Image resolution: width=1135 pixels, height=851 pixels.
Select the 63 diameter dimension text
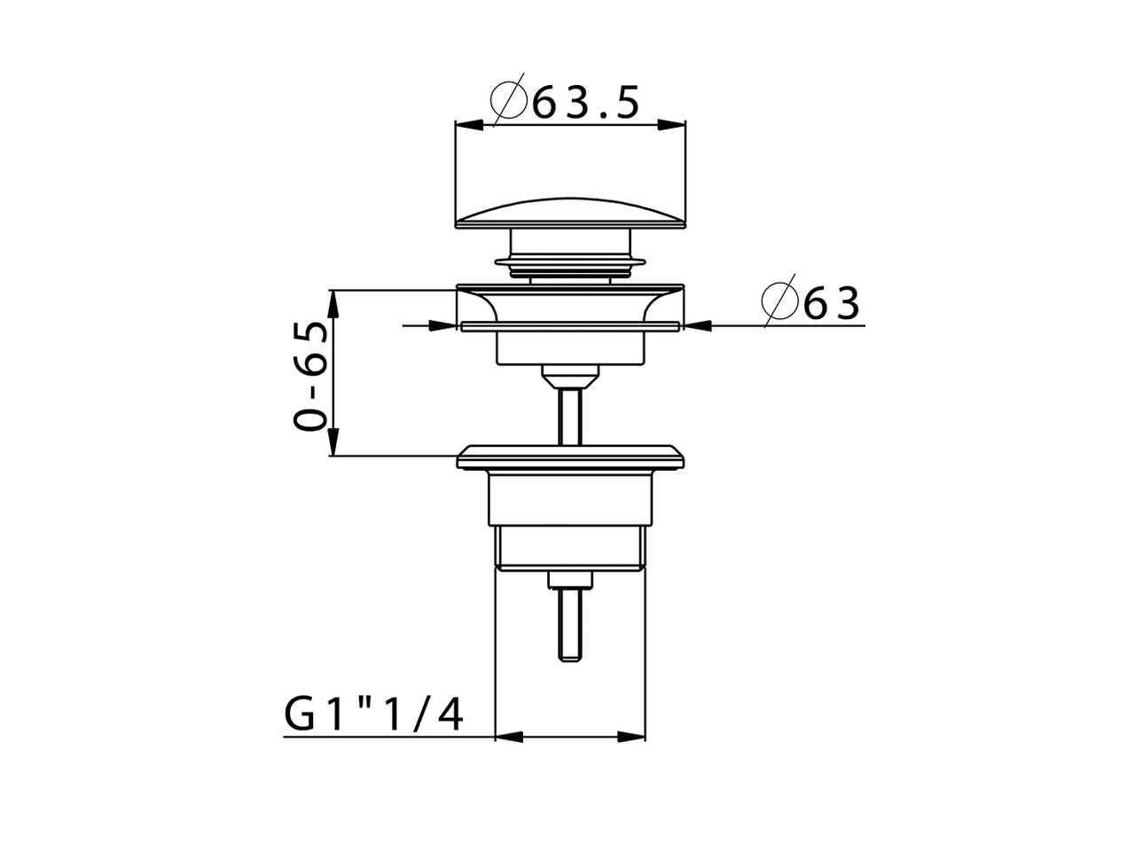click(x=832, y=304)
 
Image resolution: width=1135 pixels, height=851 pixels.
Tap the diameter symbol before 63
click(x=780, y=304)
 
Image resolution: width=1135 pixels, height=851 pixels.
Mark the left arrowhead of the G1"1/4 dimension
click(x=507, y=736)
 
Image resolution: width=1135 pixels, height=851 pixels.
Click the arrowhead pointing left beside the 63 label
click(x=699, y=325)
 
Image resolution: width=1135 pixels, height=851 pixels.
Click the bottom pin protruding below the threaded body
click(x=570, y=621)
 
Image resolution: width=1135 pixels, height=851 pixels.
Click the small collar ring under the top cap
click(x=570, y=259)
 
